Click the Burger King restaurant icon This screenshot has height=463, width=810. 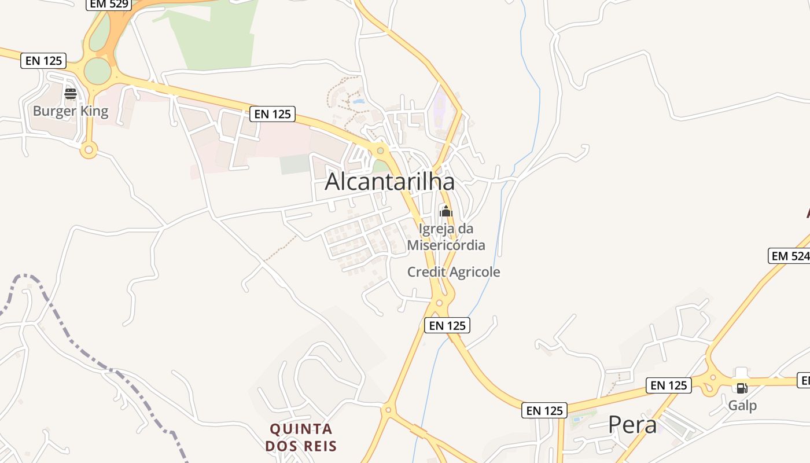(x=71, y=94)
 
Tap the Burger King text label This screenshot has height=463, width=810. (x=71, y=111)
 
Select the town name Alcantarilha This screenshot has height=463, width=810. (x=389, y=182)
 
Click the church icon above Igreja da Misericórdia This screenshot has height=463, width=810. (x=446, y=211)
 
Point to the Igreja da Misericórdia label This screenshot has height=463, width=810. (x=446, y=237)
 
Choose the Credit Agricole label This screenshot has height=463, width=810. (x=454, y=271)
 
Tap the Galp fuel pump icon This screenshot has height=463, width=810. (x=741, y=387)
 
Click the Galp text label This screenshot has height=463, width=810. (x=742, y=405)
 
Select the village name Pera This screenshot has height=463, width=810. (x=632, y=425)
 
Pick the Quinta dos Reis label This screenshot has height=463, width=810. (x=301, y=437)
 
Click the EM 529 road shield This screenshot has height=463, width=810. (x=109, y=4)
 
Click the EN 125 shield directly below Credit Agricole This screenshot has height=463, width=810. (x=447, y=325)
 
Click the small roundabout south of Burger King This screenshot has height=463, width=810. (x=89, y=150)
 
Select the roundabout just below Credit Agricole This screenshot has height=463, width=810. (x=440, y=302)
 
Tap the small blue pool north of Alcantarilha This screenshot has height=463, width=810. (x=359, y=102)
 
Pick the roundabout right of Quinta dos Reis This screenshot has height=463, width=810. (x=388, y=410)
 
